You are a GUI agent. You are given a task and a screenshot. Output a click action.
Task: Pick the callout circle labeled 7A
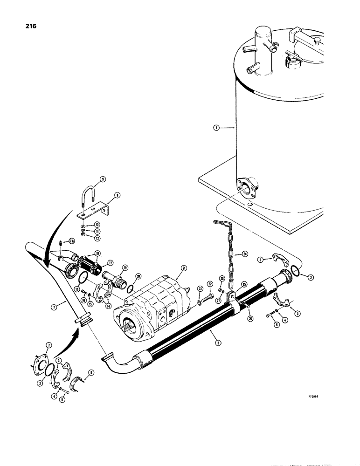pos(71,240)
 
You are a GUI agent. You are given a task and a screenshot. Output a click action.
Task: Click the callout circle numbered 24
pos(244,254)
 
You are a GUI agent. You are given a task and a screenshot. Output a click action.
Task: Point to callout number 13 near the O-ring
pos(77,289)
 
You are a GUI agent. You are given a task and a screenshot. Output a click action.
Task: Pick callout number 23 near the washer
pos(200,289)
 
